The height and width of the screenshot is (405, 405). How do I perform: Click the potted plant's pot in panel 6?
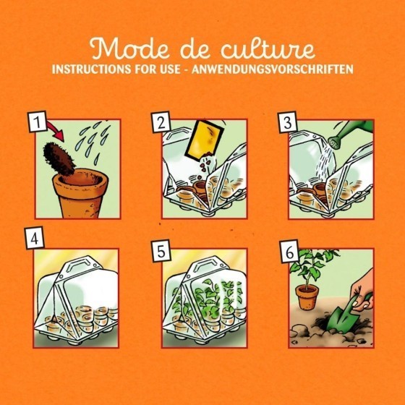coord(308,298)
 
